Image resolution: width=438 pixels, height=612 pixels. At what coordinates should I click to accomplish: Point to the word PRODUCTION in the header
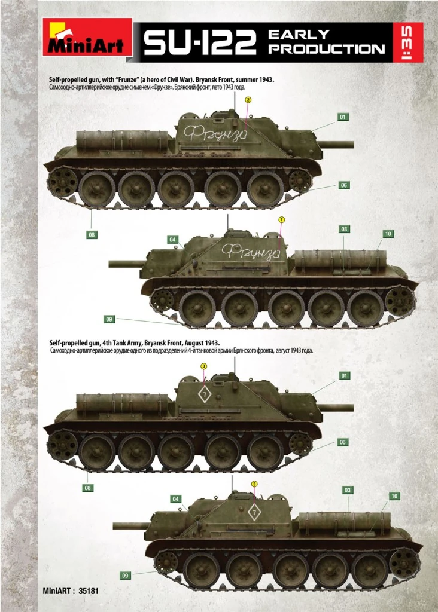pos(326,49)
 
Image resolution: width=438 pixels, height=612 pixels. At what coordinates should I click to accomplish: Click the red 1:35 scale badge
pos(409,42)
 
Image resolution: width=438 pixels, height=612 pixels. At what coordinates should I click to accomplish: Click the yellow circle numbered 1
pos(281,219)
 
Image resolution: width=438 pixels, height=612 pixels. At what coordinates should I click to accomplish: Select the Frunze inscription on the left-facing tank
pos(250,251)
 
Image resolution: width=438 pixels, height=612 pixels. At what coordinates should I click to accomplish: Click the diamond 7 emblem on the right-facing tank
pos(204,395)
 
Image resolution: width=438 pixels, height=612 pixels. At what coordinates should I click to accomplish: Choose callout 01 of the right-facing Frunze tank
pos(343,117)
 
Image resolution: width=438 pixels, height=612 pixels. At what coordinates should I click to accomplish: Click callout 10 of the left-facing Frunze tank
pos(388,234)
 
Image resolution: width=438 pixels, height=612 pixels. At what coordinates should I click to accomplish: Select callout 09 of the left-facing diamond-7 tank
pos(125,576)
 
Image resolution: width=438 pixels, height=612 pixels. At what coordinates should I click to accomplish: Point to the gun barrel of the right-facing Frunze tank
pos(337,144)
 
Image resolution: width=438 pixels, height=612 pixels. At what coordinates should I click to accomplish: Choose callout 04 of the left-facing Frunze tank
pos(173,240)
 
